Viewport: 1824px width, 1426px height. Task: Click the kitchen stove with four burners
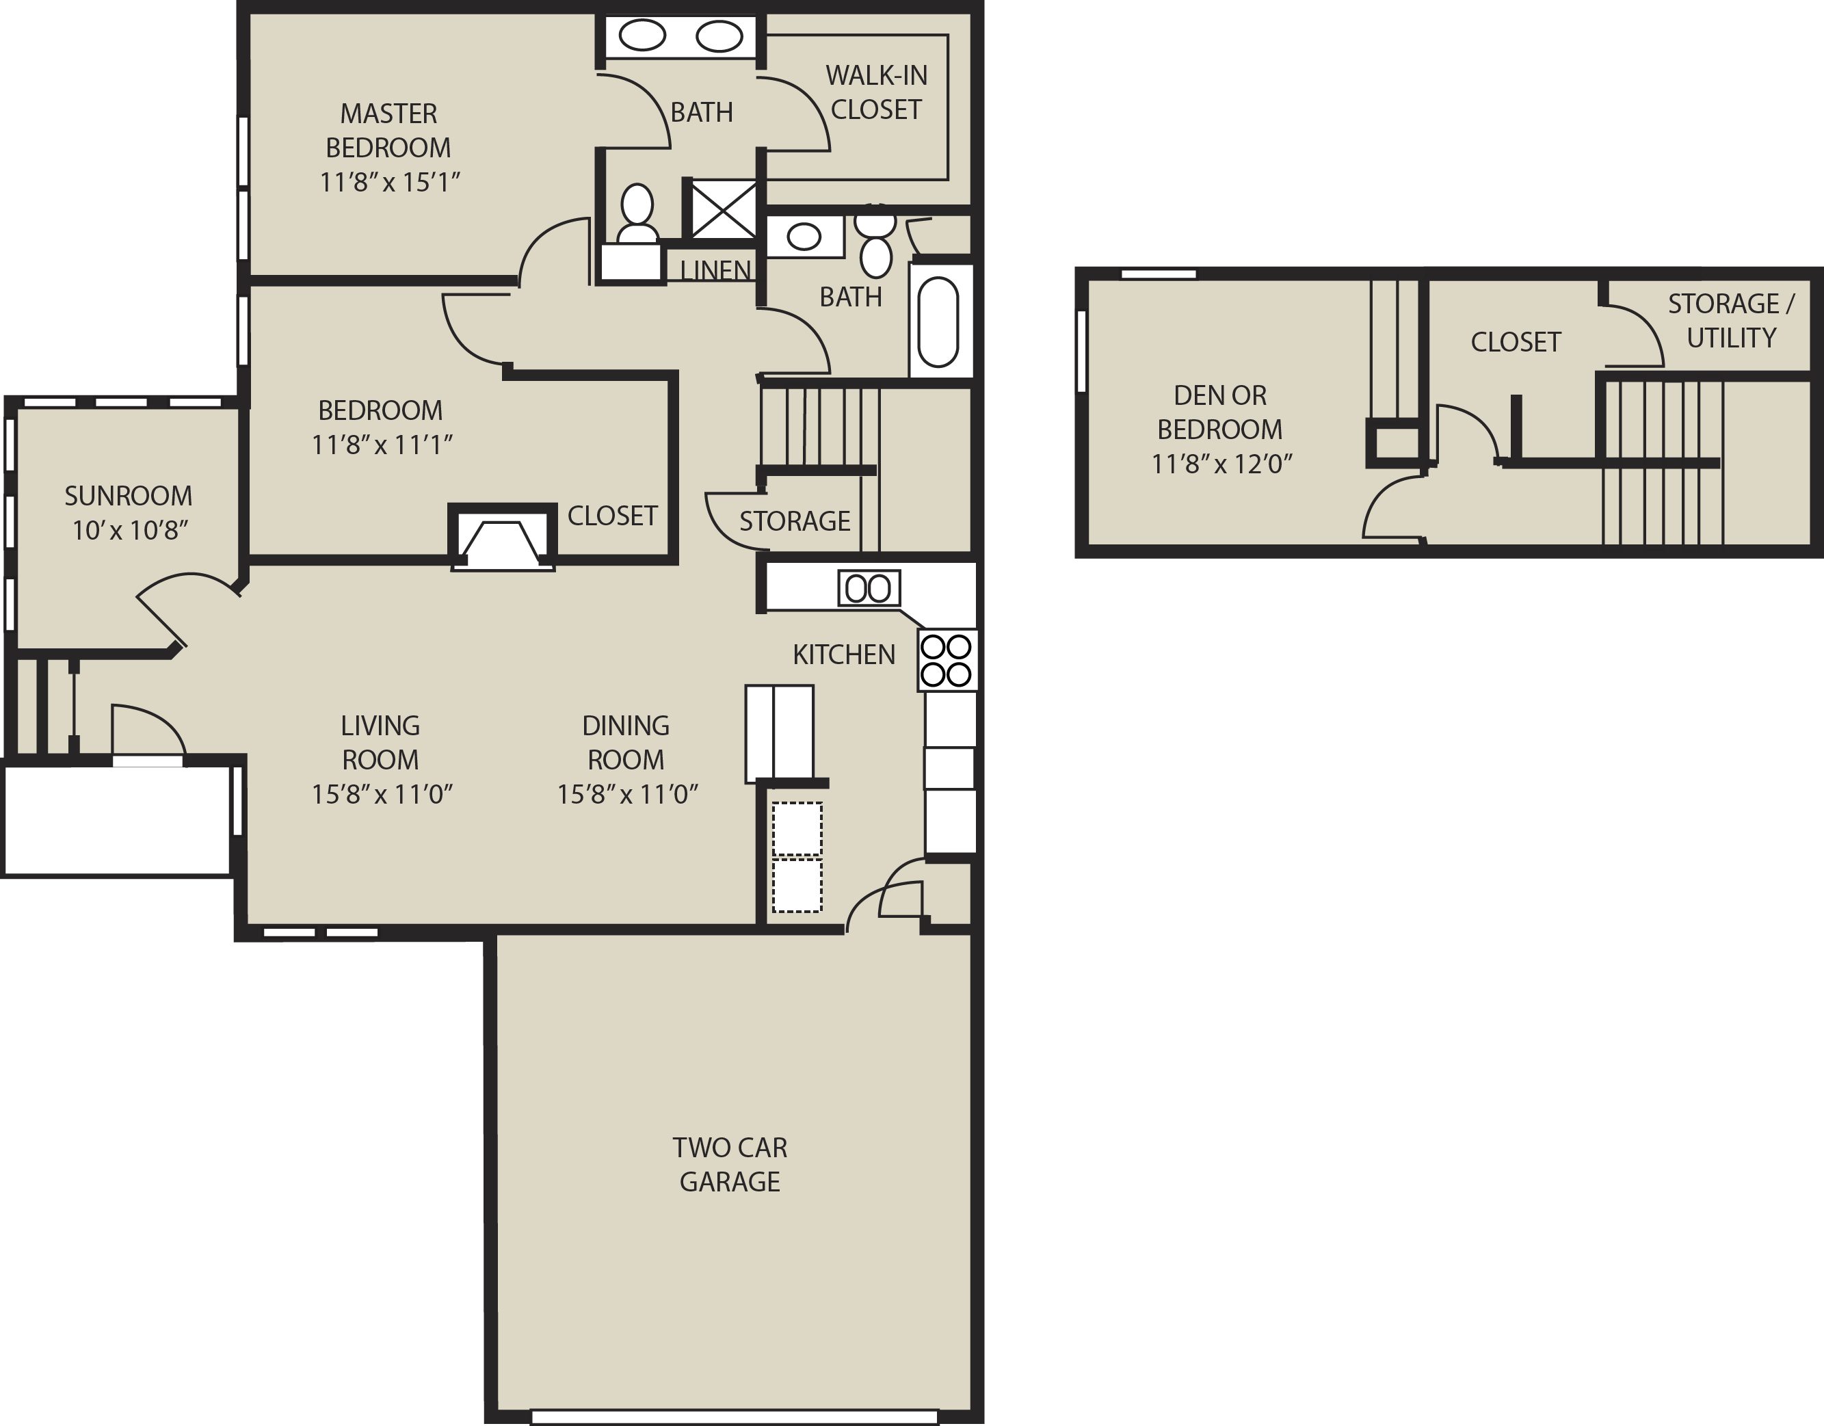click(x=947, y=660)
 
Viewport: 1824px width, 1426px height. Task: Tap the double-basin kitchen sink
click(x=869, y=588)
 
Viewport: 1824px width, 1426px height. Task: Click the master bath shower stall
click(x=721, y=209)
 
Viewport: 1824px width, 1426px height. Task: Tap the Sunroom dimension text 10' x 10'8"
click(x=130, y=531)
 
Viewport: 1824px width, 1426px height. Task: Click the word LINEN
click(x=716, y=270)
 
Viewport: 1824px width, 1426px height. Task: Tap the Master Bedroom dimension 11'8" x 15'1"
click(x=390, y=182)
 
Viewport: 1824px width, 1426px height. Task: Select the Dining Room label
click(x=626, y=742)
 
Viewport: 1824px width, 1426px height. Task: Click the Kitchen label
click(x=843, y=654)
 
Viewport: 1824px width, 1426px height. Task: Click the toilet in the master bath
click(x=637, y=215)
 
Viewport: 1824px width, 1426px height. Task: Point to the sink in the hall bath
click(x=805, y=237)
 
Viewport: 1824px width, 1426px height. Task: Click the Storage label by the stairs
click(x=794, y=521)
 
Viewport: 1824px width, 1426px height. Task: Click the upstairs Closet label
click(x=1516, y=342)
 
